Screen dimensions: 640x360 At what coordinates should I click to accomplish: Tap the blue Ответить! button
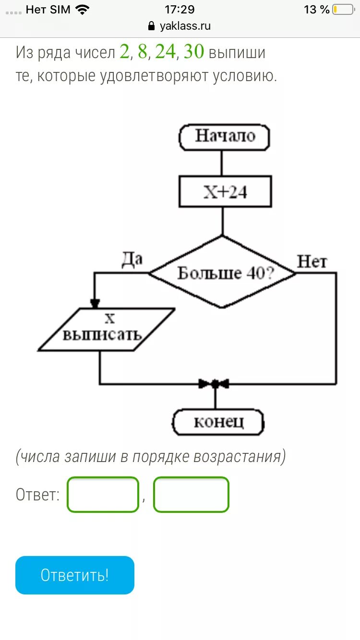[75, 575]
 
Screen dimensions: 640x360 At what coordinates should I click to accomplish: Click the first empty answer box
[103, 494]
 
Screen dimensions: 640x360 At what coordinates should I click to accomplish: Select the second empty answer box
[191, 494]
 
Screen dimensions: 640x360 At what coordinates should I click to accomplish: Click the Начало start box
[224, 137]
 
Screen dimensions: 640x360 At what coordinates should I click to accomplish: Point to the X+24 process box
[225, 192]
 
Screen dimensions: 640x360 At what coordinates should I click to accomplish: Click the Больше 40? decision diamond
[222, 273]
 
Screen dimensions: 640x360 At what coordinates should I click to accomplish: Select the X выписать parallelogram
[107, 329]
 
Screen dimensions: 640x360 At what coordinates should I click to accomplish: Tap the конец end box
[218, 422]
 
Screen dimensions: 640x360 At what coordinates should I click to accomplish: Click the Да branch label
[132, 260]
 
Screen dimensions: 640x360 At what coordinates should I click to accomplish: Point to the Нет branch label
[312, 262]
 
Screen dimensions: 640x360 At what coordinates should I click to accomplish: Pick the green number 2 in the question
[124, 52]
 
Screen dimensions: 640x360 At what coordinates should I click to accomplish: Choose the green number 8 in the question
[143, 52]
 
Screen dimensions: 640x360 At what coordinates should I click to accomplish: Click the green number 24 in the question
[165, 52]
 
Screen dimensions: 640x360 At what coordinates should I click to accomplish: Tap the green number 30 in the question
[194, 52]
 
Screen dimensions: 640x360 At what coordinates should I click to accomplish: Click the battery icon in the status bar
[343, 10]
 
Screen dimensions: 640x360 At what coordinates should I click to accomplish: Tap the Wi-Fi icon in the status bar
[83, 10]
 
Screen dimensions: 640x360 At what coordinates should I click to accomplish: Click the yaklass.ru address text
[185, 26]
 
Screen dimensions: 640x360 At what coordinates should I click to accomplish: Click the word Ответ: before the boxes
[38, 495]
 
